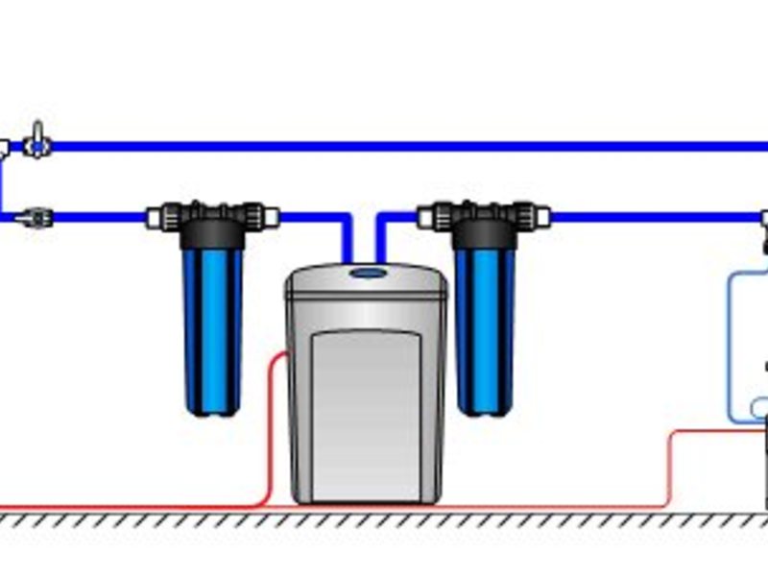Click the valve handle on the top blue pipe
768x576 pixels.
(36, 130)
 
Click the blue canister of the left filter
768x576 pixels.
(212, 326)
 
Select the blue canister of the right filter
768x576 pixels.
(485, 326)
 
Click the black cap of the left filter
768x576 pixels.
(212, 230)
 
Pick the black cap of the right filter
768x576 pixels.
(485, 230)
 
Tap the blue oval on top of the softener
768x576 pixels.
(366, 273)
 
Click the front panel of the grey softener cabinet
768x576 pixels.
(367, 413)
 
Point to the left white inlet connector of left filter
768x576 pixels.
(154, 218)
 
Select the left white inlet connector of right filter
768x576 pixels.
(425, 218)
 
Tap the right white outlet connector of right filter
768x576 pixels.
(543, 218)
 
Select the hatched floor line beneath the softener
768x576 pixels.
(365, 519)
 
